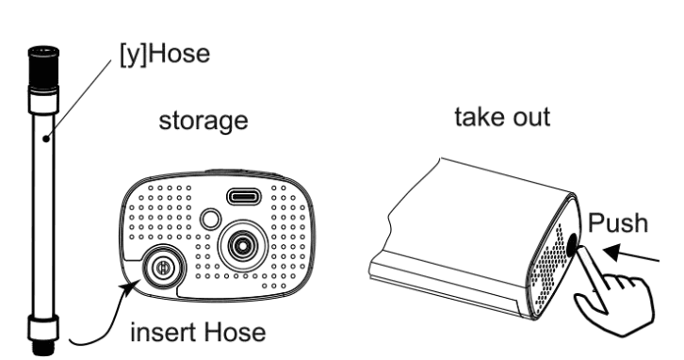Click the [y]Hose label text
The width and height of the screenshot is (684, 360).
pyautogui.click(x=165, y=55)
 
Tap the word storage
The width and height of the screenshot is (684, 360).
pyautogui.click(x=204, y=121)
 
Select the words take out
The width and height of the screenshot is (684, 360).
pyautogui.click(x=502, y=117)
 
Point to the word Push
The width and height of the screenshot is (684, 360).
pyautogui.click(x=618, y=222)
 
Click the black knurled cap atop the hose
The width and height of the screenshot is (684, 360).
pyautogui.click(x=43, y=68)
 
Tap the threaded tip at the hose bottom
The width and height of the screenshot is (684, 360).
pyautogui.click(x=43, y=348)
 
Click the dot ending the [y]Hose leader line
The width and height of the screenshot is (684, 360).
pyautogui.click(x=46, y=139)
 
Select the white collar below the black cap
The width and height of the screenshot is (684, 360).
pyautogui.click(x=43, y=100)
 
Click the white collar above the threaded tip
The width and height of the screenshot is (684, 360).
pyautogui.click(x=43, y=328)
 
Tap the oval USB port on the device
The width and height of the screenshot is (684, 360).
pyautogui.click(x=244, y=197)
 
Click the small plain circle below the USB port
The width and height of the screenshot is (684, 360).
pyautogui.click(x=210, y=219)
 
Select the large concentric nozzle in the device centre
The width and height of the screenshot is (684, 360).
pyautogui.click(x=242, y=246)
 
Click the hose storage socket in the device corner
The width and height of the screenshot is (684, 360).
pyautogui.click(x=162, y=268)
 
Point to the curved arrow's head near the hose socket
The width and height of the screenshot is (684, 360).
pyautogui.click(x=131, y=288)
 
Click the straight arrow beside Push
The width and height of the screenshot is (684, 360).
pyautogui.click(x=631, y=254)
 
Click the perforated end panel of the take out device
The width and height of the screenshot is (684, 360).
pyautogui.click(x=553, y=262)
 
